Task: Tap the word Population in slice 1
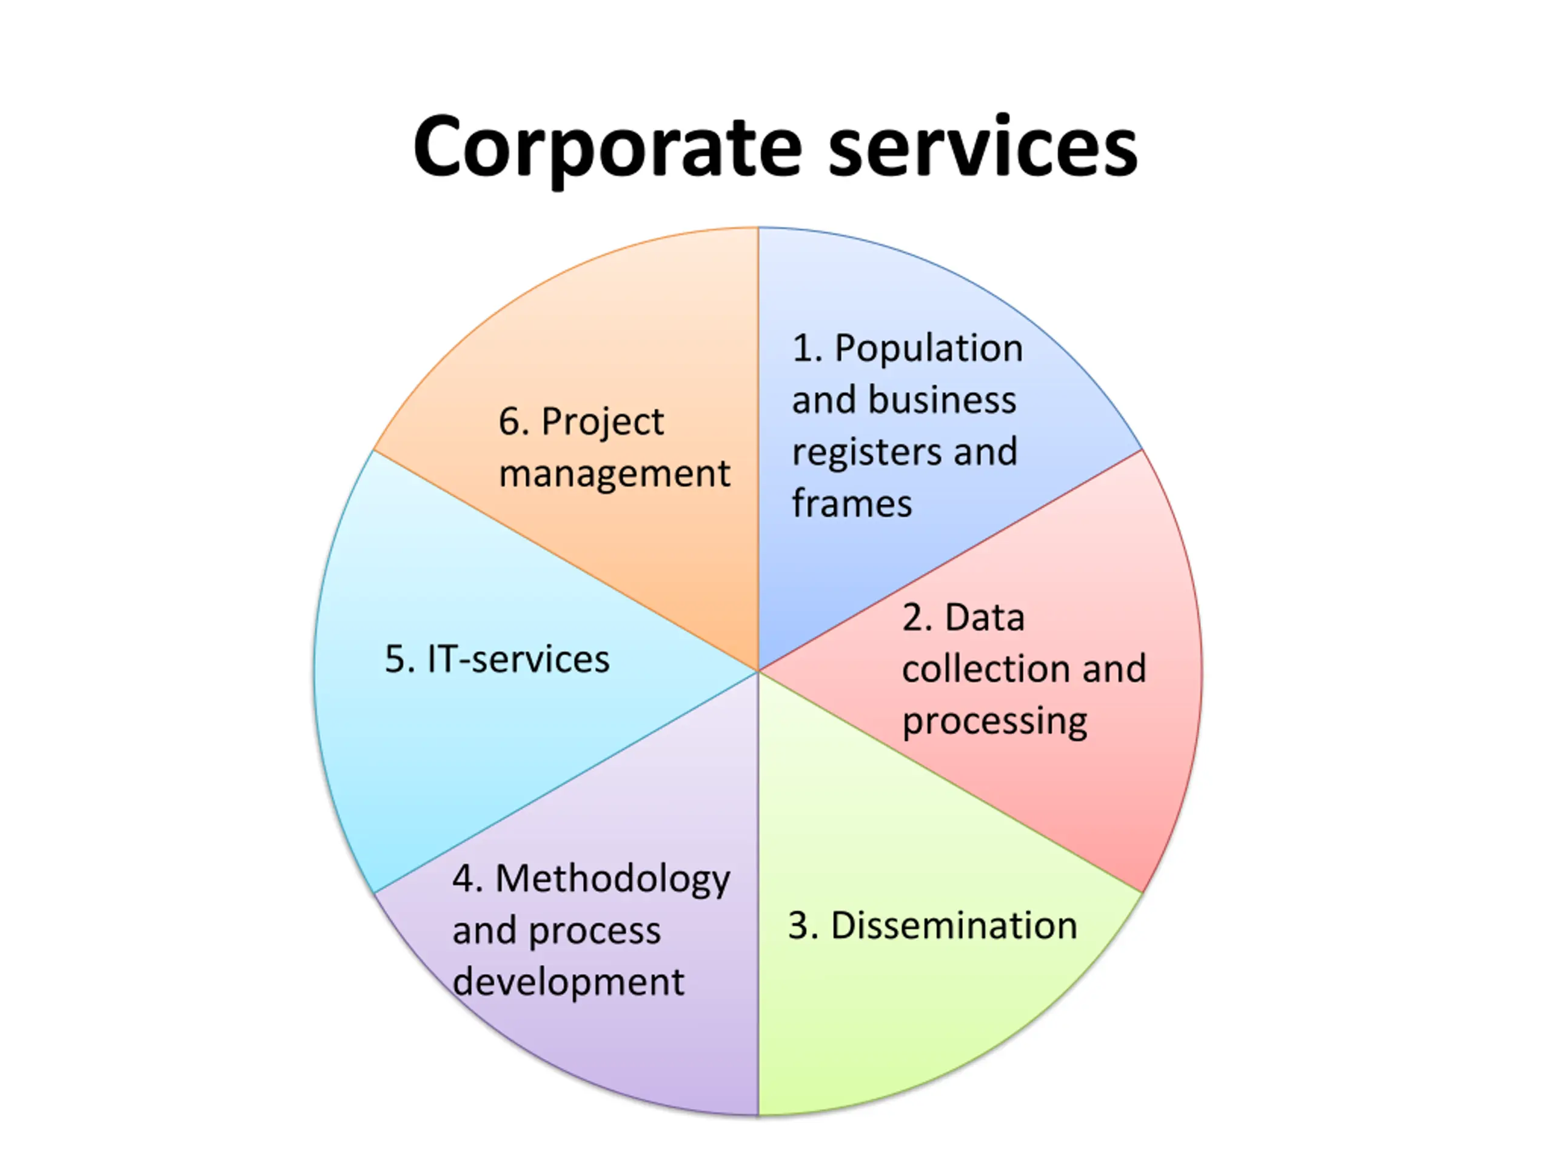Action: coord(928,349)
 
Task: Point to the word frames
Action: coord(852,504)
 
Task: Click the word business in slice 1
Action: coord(942,400)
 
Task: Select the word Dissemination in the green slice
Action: coord(954,926)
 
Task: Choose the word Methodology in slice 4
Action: coord(612,880)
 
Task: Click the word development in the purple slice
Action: coord(567,982)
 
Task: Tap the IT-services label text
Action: coord(518,660)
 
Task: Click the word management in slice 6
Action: coord(614,474)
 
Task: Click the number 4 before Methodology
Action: coord(464,879)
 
